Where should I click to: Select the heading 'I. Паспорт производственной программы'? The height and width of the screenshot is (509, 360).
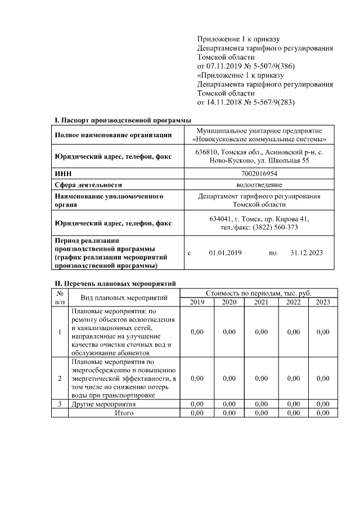tap(122, 120)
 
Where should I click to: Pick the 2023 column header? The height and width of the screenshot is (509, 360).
tap(322, 302)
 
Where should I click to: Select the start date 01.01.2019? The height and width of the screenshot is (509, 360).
tap(225, 253)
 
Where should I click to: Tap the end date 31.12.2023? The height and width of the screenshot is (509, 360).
tap(307, 253)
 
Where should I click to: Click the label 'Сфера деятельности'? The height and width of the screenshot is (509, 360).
tap(88, 184)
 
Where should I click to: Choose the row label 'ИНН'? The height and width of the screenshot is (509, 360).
tap(61, 174)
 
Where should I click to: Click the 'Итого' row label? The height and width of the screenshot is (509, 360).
tap(124, 413)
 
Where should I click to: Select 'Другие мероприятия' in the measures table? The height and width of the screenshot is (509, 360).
tap(103, 404)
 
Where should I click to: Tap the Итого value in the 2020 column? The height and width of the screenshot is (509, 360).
tap(229, 413)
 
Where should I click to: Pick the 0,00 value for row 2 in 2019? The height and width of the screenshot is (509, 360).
tap(197, 379)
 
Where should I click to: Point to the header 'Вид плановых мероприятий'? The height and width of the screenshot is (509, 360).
tap(124, 298)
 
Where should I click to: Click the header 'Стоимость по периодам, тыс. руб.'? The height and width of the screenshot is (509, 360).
tap(259, 293)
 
